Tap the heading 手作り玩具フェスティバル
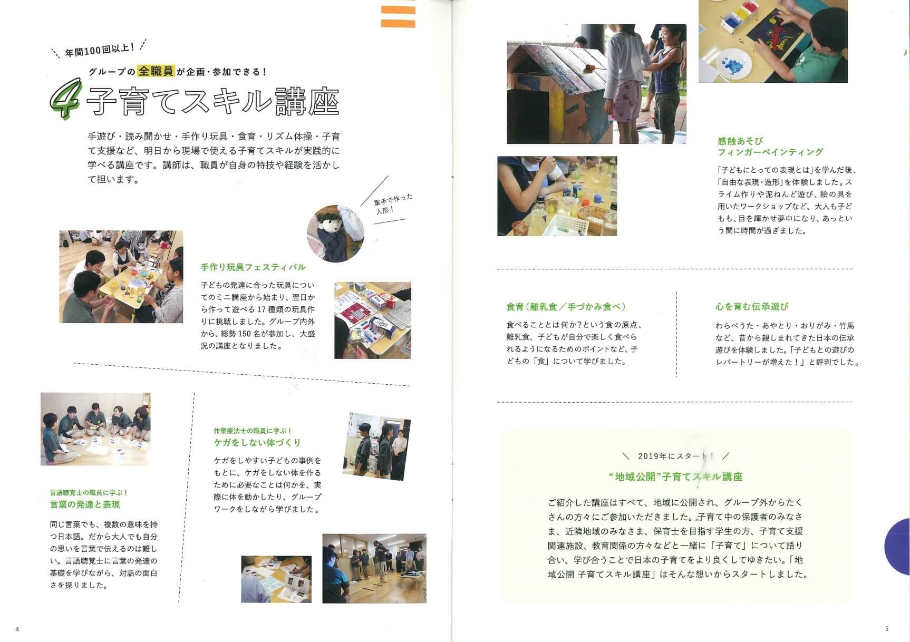click(x=253, y=267)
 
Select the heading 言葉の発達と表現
click(x=85, y=504)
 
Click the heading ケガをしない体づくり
click(x=257, y=442)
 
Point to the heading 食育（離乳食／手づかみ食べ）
click(x=566, y=307)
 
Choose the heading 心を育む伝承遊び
click(x=752, y=306)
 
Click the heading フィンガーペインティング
click(x=770, y=152)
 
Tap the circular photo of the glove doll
click(x=336, y=234)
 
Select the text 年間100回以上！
click(x=99, y=50)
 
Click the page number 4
click(x=17, y=629)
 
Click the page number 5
click(x=887, y=628)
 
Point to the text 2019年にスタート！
click(x=676, y=456)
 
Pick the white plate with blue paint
click(x=733, y=64)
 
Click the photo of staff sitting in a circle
click(x=95, y=429)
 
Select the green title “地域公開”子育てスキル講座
click(x=675, y=477)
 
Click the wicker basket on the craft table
click(x=594, y=219)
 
